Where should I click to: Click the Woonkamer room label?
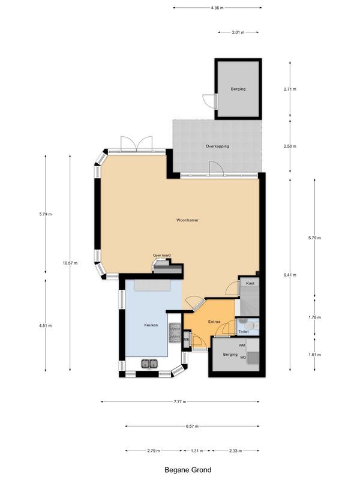[187, 220]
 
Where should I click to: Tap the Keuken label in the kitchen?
[151, 325]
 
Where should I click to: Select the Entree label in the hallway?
[214, 322]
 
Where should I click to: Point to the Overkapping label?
[217, 146]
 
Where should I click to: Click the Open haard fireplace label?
[162, 256]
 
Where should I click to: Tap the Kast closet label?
[249, 283]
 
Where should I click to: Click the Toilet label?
[244, 331]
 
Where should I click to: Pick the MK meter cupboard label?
[187, 341]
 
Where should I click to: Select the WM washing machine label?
[242, 346]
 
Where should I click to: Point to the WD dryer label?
[243, 358]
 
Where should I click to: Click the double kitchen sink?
[149, 363]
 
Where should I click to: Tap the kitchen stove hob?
[175, 334]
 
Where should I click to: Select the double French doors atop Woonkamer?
[136, 143]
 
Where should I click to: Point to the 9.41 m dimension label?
[290, 275]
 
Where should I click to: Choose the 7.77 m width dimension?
[180, 401]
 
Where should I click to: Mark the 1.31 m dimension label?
[197, 451]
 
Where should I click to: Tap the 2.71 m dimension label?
[290, 89]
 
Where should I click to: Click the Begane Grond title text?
[188, 470]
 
